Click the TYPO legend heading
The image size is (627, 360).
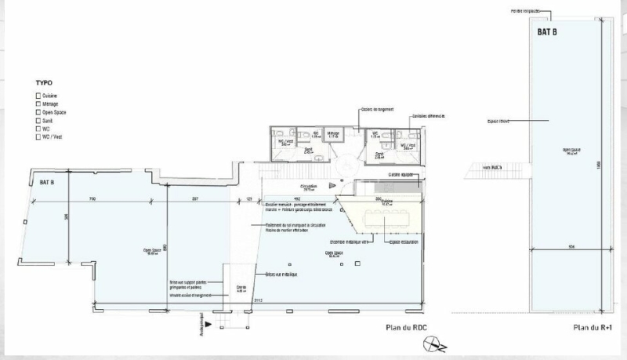point(44,82)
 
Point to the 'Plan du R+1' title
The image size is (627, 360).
point(592,328)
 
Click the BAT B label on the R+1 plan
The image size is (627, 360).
point(547,32)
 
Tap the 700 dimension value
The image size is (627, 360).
point(92,199)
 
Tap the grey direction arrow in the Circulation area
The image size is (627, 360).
point(333,186)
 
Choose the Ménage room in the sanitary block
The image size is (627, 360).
point(332,136)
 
